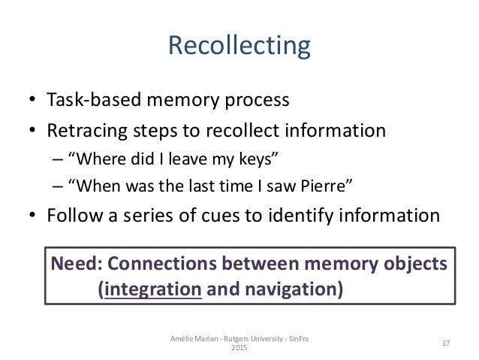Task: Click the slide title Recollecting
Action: [239, 46]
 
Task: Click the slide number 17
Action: [445, 343]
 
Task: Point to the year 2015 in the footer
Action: [239, 349]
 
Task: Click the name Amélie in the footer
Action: [183, 339]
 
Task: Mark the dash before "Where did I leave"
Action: [58, 160]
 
